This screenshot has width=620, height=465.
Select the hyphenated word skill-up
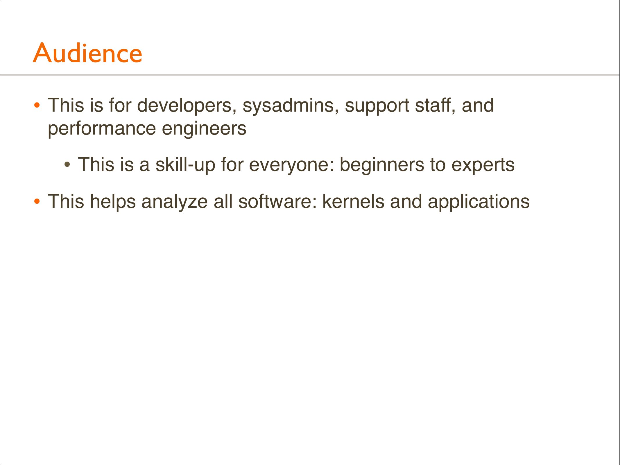(185, 165)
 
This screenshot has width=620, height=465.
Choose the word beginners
(382, 165)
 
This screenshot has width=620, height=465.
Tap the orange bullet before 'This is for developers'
(37, 106)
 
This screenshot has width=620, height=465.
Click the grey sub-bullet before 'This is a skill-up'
(67, 165)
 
